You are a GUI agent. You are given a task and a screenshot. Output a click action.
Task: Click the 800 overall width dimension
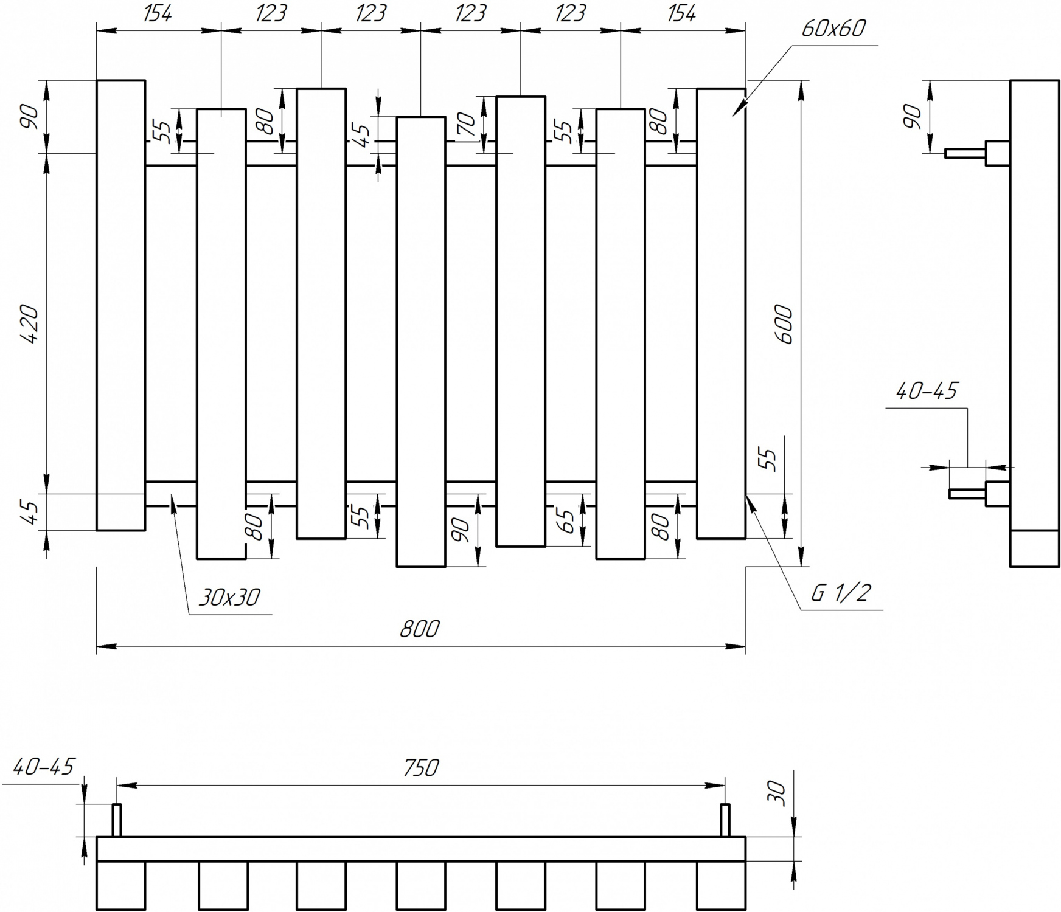[419, 629]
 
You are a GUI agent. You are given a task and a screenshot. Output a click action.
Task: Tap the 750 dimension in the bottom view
[420, 768]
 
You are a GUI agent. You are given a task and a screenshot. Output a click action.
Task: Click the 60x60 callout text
[833, 29]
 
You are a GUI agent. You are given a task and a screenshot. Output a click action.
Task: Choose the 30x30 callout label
[229, 598]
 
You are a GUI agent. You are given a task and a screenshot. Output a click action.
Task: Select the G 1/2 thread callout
[841, 592]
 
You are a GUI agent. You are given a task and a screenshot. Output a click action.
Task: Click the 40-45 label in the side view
[927, 391]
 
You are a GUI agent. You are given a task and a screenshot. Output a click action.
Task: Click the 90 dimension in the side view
[912, 117]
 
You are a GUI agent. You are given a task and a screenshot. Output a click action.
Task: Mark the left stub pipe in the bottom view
[116, 820]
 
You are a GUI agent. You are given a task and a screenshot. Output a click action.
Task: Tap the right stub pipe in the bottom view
[725, 820]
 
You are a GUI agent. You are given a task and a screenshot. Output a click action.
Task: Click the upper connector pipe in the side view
[977, 153]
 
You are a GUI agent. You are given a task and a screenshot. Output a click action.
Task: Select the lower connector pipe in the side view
[979, 494]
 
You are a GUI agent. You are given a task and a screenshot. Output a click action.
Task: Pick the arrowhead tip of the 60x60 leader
[732, 116]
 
